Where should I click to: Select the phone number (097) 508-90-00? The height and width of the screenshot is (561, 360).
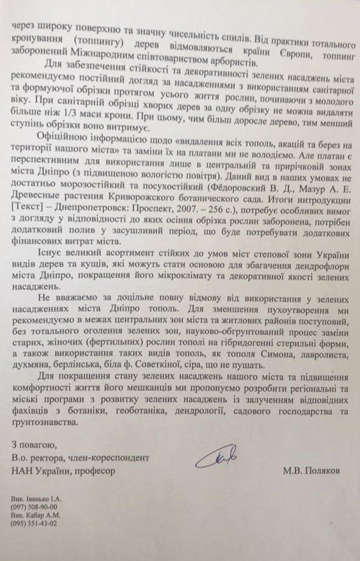pyautogui.click(x=38, y=505)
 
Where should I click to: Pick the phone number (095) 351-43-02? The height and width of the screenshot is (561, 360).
pyautogui.click(x=38, y=521)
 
